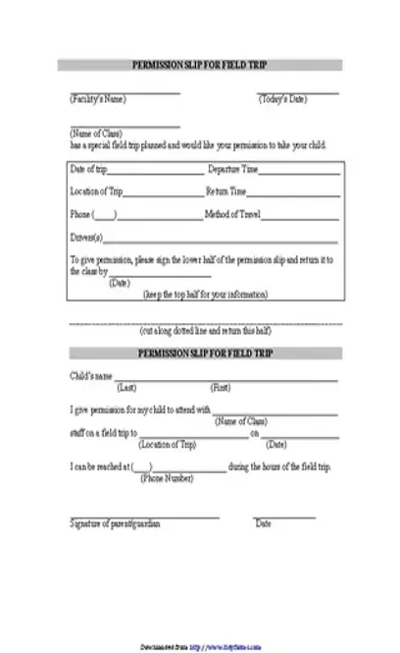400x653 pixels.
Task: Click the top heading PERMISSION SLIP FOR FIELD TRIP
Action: pos(199,65)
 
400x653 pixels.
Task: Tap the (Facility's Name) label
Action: pos(97,99)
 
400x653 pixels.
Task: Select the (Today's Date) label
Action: pos(283,99)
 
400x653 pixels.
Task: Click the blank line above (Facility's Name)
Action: pos(125,93)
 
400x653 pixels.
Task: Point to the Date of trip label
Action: pos(88,170)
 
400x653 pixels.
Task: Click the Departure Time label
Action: pos(232,170)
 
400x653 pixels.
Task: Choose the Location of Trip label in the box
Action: pos(97,191)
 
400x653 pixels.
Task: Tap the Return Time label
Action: pos(226,191)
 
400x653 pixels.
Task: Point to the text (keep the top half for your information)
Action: pos(205,294)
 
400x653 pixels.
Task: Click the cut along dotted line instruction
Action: pos(205,331)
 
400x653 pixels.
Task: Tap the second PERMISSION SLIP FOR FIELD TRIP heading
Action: pos(199,352)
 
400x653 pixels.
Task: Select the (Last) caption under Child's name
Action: pos(127,387)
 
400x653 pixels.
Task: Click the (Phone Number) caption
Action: pos(167,478)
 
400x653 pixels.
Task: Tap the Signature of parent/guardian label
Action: pos(115,524)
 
